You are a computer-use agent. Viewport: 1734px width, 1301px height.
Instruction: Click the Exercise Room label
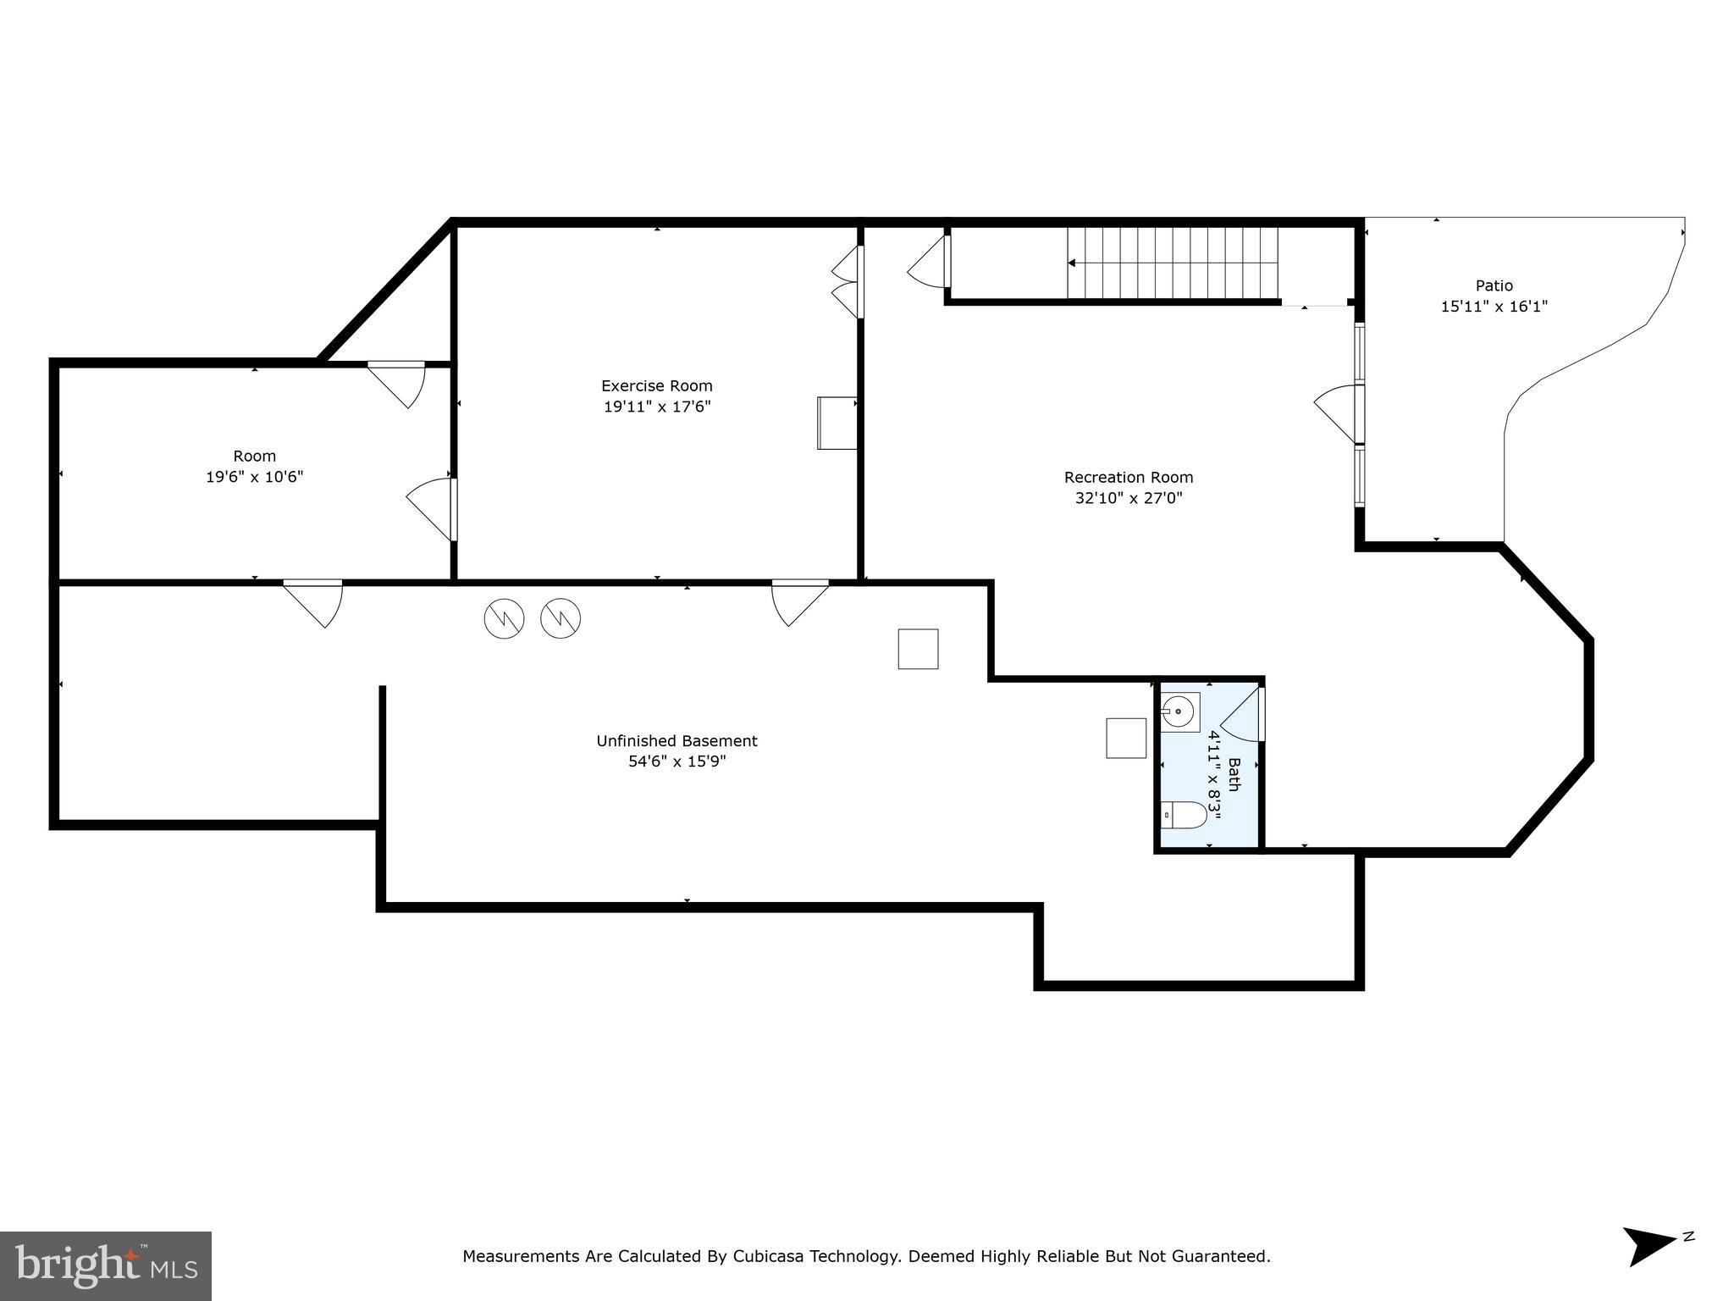pos(656,386)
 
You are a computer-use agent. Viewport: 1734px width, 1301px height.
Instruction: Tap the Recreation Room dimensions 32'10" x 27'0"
pos(1128,498)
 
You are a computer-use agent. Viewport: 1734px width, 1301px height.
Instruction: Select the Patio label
pos(1494,286)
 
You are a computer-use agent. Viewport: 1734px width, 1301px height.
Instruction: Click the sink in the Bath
pos(1179,711)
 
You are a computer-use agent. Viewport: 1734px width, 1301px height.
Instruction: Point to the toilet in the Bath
pos(1184,815)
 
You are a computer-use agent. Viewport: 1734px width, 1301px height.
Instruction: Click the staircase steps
pos(1173,263)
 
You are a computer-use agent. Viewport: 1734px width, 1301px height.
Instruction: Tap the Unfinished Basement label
pos(676,741)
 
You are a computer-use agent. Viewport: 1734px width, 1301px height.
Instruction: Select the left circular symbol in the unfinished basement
pos(504,618)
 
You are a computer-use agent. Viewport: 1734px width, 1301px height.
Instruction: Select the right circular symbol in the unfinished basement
pos(561,618)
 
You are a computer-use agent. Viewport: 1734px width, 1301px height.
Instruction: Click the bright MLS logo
pos(106,1265)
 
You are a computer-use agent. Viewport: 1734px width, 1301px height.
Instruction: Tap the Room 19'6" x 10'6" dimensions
pos(254,477)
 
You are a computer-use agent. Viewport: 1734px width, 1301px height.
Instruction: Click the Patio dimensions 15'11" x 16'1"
pos(1494,307)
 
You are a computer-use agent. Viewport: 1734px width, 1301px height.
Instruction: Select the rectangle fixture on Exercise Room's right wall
pos(837,423)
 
